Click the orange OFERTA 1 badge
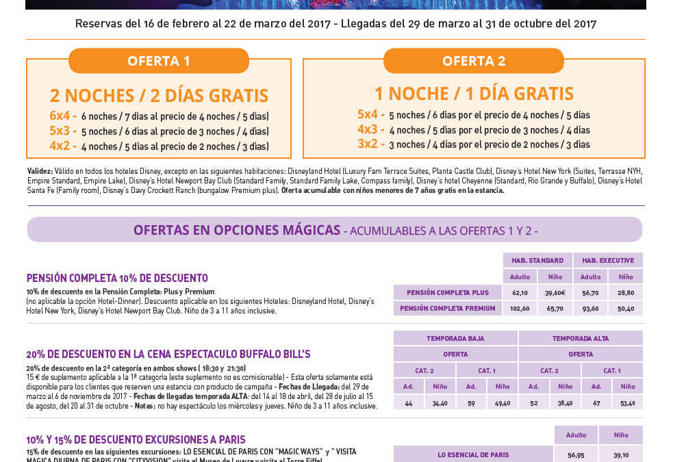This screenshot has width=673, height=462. pyautogui.click(x=158, y=61)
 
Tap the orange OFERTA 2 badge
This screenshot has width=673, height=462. pyautogui.click(x=473, y=61)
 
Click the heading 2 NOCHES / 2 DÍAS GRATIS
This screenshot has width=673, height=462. pyautogui.click(x=159, y=95)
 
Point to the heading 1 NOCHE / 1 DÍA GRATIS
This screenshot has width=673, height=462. pyautogui.click(x=474, y=93)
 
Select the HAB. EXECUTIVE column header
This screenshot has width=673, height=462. pyautogui.click(x=608, y=260)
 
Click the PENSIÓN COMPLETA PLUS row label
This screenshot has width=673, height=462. pyautogui.click(x=448, y=292)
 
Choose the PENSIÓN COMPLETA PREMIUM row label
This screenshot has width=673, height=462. pyautogui.click(x=448, y=308)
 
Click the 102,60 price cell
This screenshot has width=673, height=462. pyautogui.click(x=520, y=308)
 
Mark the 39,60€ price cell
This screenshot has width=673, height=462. pyautogui.click(x=555, y=292)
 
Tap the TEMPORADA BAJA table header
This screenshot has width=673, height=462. pyautogui.click(x=455, y=338)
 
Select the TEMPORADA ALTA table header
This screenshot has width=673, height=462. pyautogui.click(x=581, y=338)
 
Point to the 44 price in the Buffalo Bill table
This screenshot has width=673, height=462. pyautogui.click(x=409, y=403)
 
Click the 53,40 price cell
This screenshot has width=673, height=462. pyautogui.click(x=627, y=403)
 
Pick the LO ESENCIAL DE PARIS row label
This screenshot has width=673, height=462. pyautogui.click(x=473, y=454)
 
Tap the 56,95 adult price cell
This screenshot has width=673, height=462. pyautogui.click(x=576, y=454)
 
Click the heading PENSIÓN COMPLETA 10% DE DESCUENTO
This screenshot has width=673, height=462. pyautogui.click(x=117, y=278)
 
